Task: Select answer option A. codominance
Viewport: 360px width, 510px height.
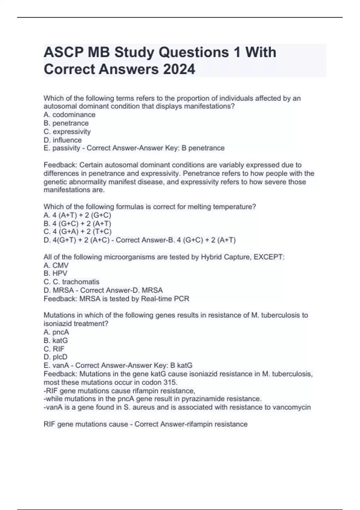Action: point(70,115)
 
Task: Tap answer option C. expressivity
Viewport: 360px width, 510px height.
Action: point(67,131)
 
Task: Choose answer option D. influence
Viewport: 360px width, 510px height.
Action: point(63,140)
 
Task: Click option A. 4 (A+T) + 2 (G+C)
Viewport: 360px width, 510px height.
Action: point(77,215)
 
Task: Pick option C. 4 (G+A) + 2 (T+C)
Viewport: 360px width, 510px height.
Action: point(77,232)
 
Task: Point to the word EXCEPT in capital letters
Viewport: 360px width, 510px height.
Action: point(268,257)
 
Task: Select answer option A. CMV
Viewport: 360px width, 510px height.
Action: point(56,265)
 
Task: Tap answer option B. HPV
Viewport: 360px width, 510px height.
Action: point(55,273)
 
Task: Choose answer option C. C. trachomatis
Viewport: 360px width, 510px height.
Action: point(71,282)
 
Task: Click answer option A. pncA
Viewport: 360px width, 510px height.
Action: point(56,332)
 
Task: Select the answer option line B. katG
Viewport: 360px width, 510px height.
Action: point(56,340)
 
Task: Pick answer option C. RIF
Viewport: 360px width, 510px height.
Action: point(54,349)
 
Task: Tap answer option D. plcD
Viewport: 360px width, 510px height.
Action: point(55,357)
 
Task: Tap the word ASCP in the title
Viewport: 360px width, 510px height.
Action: point(64,52)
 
